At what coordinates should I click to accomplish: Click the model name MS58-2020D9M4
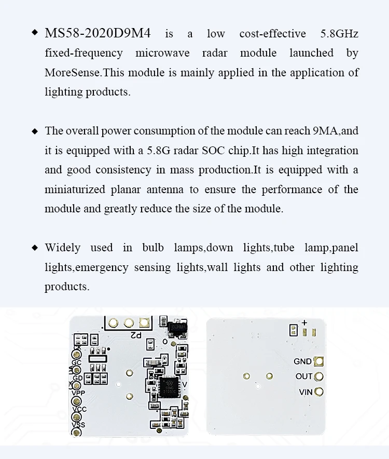[x=98, y=34]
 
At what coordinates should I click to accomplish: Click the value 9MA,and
[x=336, y=131]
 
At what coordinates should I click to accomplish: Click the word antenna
[x=164, y=190]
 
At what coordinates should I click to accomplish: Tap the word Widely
[x=62, y=248]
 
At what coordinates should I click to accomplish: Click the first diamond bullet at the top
[x=35, y=33]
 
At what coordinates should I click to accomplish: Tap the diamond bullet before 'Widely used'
[x=35, y=247]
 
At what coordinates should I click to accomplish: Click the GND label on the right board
[x=303, y=361]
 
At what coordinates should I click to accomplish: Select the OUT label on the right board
[x=304, y=376]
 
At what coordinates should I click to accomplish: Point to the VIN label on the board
[x=305, y=392]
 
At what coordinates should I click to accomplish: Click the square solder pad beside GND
[x=319, y=361]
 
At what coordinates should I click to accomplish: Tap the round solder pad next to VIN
[x=319, y=392]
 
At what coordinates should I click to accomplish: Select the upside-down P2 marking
[x=136, y=335]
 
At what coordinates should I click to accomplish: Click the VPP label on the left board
[x=78, y=394]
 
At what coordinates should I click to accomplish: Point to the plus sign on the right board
[x=304, y=322]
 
